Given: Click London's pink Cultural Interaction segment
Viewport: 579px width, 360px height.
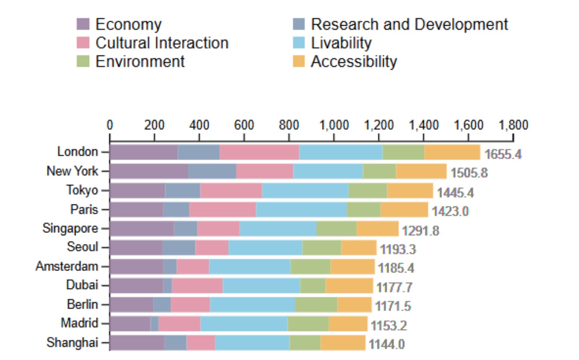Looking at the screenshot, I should click(x=259, y=152).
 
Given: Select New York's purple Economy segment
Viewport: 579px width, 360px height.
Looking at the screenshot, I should click(x=149, y=171).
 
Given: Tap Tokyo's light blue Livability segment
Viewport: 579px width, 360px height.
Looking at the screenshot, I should click(x=305, y=190).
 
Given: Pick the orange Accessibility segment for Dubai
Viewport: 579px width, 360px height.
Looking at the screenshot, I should click(x=349, y=286).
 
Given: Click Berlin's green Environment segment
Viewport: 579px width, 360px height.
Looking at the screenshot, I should click(x=316, y=305).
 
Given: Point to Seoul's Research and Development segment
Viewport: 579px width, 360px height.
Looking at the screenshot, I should click(x=179, y=247).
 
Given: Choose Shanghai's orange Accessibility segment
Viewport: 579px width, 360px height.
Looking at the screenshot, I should click(x=343, y=343).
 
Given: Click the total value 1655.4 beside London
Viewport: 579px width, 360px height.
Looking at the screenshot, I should click(x=502, y=154).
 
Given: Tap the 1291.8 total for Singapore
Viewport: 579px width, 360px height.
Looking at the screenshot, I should click(x=420, y=231).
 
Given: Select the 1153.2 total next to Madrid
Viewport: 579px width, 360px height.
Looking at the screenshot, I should click(x=388, y=326).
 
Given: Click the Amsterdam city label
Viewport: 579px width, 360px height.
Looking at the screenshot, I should click(x=67, y=267).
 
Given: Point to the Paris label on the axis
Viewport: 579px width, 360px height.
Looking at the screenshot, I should click(x=84, y=210).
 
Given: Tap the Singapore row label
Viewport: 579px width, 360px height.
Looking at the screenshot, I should click(x=70, y=228).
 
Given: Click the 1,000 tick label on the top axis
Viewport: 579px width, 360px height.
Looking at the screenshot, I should click(x=334, y=125).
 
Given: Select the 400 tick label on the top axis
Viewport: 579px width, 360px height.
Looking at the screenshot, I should click(x=199, y=125).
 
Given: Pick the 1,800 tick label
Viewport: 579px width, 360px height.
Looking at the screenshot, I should click(x=513, y=125).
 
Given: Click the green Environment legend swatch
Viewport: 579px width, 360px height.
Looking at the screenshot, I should click(x=83, y=61).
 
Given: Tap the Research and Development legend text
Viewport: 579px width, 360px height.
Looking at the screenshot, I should click(x=409, y=25).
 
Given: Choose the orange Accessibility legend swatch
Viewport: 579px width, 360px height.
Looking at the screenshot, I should click(x=299, y=61).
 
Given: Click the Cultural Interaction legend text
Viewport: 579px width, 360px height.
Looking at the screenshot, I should click(x=162, y=43).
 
